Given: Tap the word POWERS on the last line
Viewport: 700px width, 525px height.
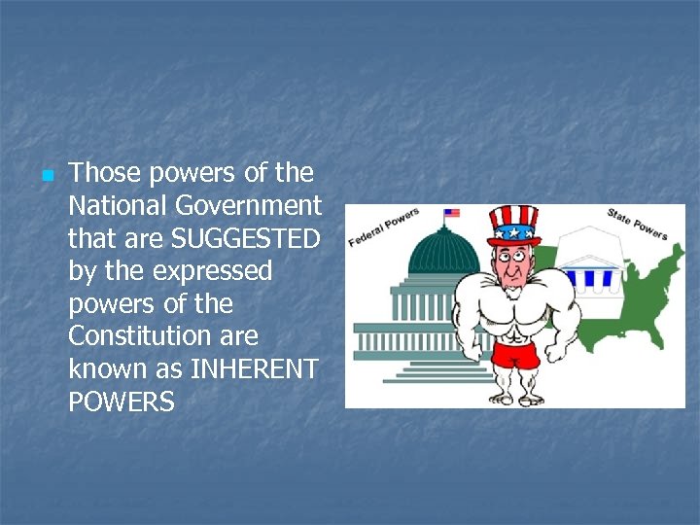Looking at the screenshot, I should (122, 402).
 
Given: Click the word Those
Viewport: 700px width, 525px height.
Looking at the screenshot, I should (100, 173).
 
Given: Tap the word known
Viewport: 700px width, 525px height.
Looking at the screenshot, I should (108, 369).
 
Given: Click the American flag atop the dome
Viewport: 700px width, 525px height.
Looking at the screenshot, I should (451, 213).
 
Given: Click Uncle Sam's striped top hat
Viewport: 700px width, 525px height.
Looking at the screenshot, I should (513, 225).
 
